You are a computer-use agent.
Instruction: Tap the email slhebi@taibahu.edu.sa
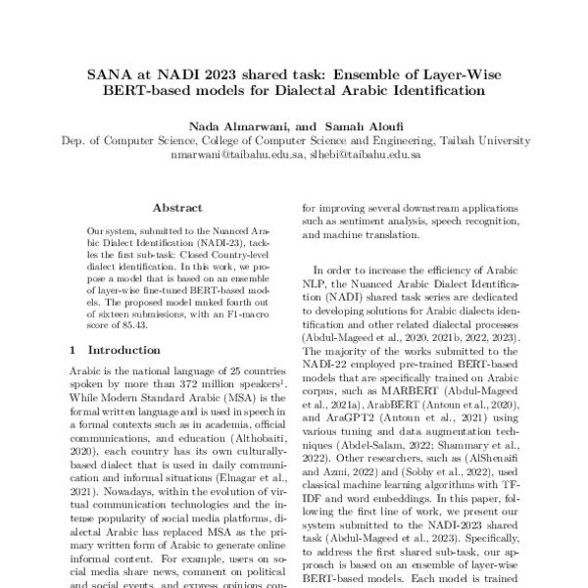[366, 155]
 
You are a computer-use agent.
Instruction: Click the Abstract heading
[176, 208]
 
